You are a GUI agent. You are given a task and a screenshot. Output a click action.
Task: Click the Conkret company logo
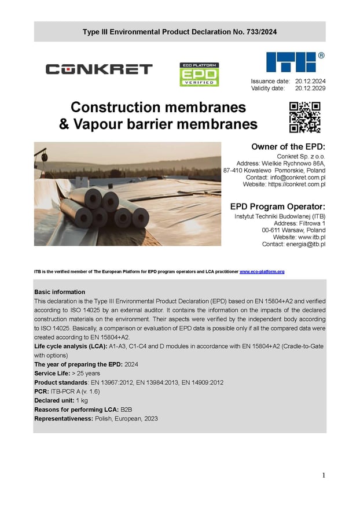coord(99,69)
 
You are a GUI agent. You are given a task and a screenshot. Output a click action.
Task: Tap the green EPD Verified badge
coord(199,74)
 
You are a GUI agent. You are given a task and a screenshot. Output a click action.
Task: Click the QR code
coord(304,117)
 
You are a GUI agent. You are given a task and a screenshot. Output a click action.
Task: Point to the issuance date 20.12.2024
coord(310,82)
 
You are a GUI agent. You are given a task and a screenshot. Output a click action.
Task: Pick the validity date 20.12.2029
coord(310,88)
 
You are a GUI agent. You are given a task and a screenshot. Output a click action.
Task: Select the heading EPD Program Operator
coord(278,206)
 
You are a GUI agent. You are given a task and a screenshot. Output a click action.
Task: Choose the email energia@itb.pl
coord(305,244)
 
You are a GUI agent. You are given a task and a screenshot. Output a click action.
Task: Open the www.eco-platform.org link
coord(262,271)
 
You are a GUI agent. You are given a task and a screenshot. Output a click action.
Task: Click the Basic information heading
coord(60,292)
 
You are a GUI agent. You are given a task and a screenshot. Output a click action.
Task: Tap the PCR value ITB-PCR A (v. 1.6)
coord(75,392)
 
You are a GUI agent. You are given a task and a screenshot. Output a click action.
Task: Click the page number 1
coord(324,475)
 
